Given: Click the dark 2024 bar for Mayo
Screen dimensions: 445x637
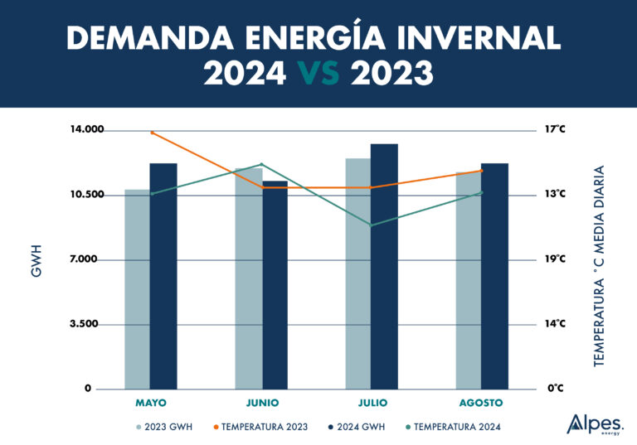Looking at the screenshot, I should coord(163,276).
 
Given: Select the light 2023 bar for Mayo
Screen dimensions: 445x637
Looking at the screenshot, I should coord(137,289).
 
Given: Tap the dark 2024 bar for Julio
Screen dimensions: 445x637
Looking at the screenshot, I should coord(384,266).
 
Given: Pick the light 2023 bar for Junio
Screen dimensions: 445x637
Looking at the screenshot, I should coord(248,278).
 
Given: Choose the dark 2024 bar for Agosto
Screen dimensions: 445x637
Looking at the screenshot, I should coord(494,276).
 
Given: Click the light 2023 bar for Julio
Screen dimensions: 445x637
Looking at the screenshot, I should coord(357,273).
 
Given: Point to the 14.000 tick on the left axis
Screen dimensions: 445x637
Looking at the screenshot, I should coord(86,130).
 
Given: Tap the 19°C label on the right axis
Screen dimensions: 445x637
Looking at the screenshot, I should coord(554,259).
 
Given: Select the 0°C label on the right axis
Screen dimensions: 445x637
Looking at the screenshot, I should coord(554,389).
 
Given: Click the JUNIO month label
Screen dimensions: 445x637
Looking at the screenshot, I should coord(262,403).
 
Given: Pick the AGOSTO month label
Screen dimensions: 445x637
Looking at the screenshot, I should coord(481,403).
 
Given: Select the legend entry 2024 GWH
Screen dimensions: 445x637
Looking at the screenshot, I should coord(356,427).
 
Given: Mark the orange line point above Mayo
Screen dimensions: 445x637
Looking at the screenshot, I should coord(152,133).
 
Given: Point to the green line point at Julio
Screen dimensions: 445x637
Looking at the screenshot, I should coord(371,225).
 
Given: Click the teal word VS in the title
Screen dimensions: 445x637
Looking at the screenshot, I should coord(318,74).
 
